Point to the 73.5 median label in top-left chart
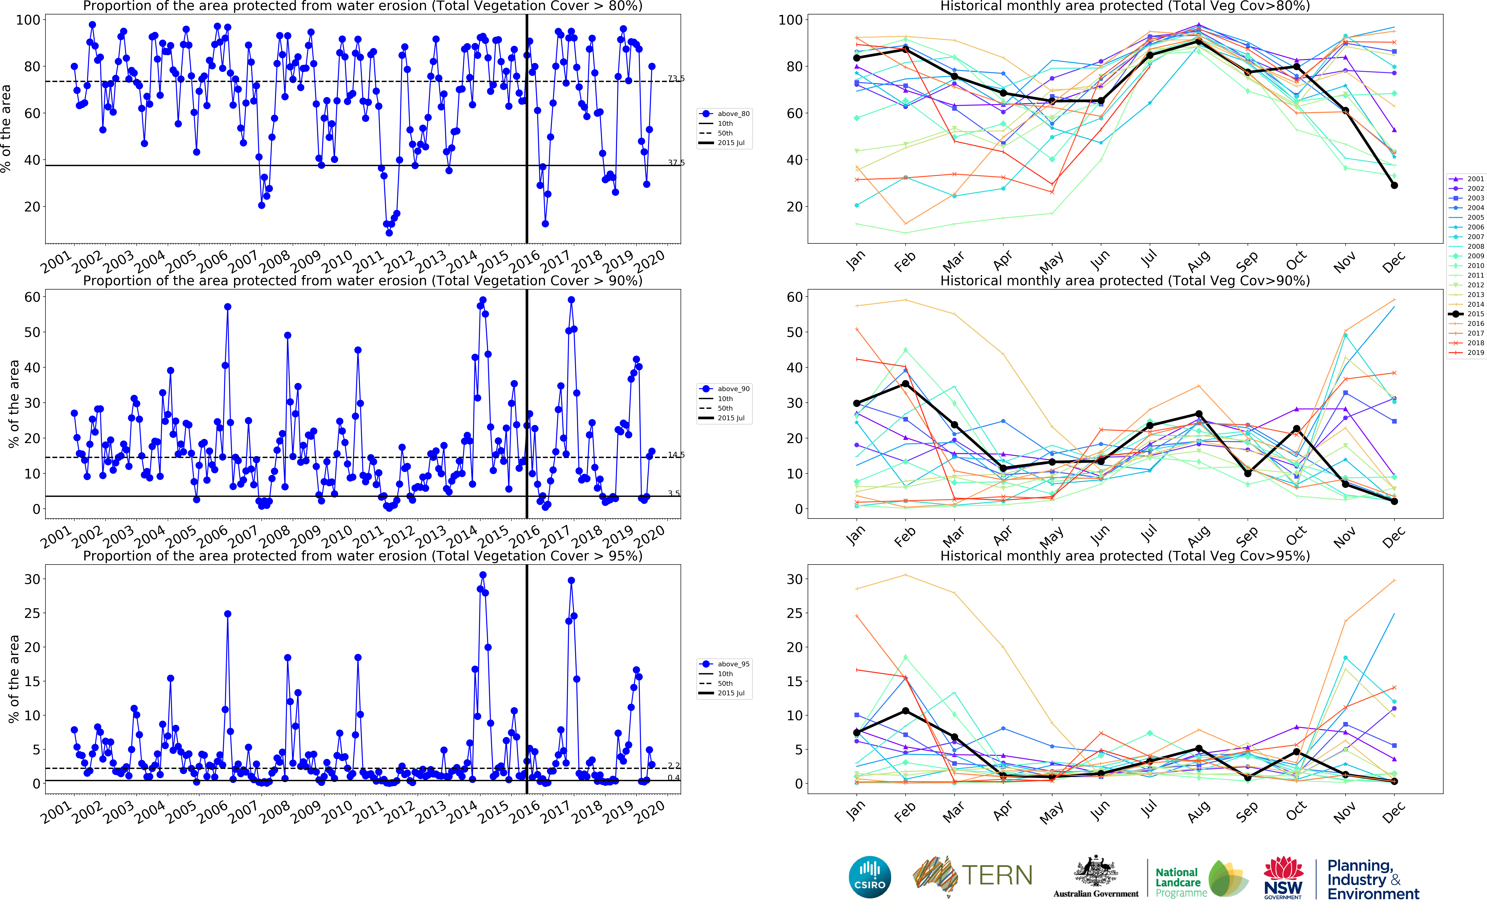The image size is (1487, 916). point(676,79)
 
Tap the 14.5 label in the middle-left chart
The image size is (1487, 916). point(676,455)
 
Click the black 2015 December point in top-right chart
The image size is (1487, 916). point(1394,185)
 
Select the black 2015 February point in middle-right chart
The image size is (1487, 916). point(906,383)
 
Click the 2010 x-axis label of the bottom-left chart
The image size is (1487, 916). point(337,812)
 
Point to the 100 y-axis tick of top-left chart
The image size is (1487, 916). point(28,20)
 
